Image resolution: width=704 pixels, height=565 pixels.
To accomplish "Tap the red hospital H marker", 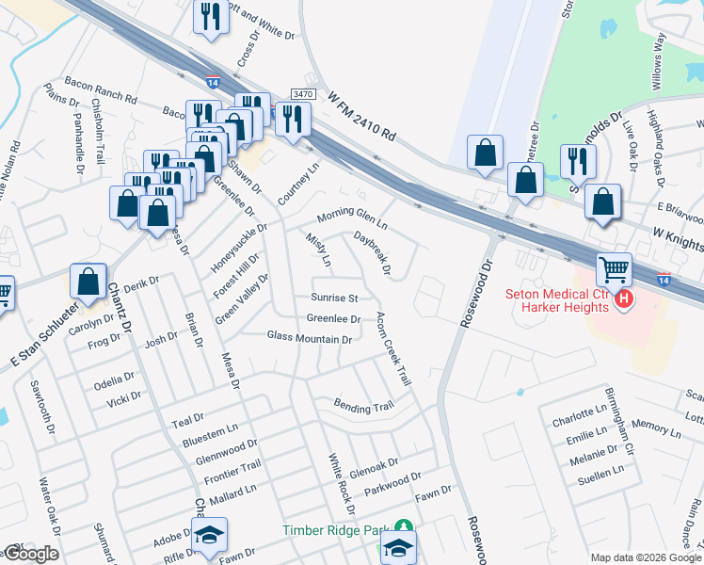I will click(x=624, y=299).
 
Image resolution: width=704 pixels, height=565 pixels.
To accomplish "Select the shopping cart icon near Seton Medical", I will click(x=614, y=270).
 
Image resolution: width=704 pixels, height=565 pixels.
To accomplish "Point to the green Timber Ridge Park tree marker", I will click(x=403, y=528).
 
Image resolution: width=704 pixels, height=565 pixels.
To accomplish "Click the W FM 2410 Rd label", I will click(x=362, y=119).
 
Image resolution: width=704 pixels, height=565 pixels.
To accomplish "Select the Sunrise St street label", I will click(x=334, y=298).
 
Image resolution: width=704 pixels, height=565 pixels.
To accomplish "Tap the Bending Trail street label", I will click(x=363, y=406).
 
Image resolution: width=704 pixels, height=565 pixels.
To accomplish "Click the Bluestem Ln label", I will click(x=210, y=428).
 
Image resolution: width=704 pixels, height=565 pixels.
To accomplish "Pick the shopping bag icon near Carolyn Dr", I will click(x=88, y=281).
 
